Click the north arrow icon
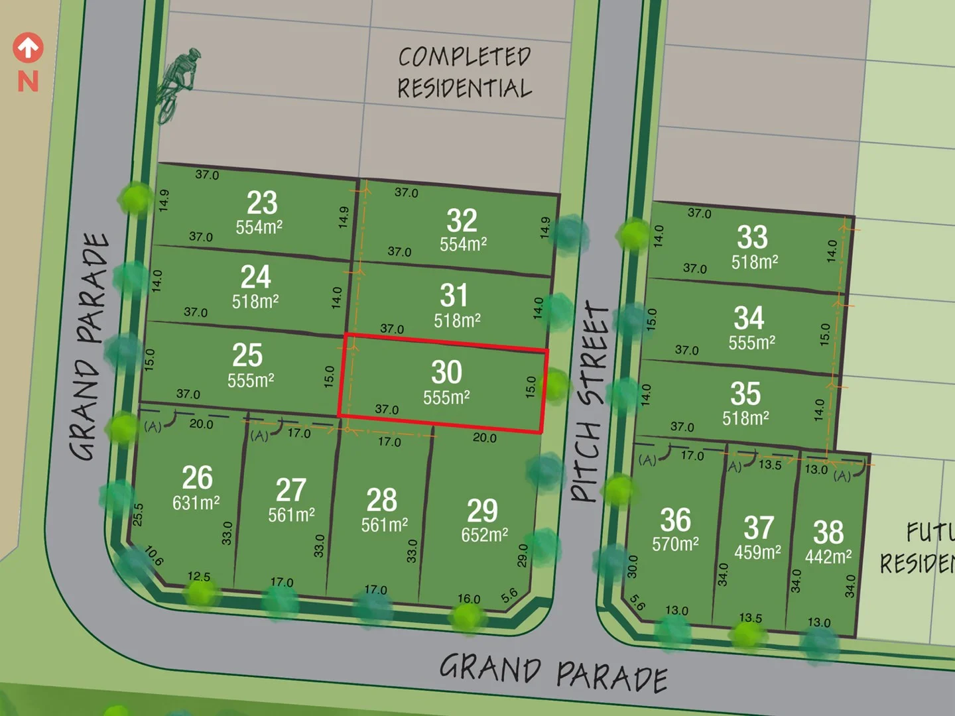(28, 48)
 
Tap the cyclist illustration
(176, 84)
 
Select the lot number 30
(446, 372)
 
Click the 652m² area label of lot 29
(484, 535)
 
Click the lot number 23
(262, 202)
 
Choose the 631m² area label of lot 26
(196, 503)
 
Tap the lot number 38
(828, 532)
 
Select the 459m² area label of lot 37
(757, 552)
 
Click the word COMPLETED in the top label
(464, 57)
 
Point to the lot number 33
(752, 237)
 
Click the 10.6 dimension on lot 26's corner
(154, 556)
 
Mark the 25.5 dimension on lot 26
(138, 514)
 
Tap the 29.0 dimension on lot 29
(523, 556)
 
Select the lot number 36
(675, 520)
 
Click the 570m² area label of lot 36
(675, 544)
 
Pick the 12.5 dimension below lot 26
(199, 576)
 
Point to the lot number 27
(290, 491)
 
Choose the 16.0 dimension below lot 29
(469, 599)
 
